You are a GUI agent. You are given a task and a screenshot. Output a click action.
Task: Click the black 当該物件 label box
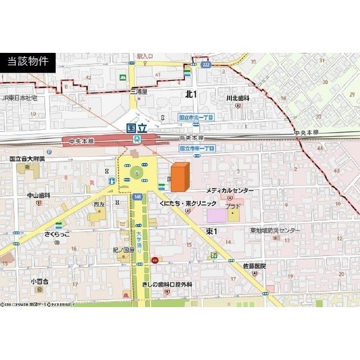pos(28,62)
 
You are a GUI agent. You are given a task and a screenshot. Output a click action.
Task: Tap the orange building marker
pos(179,178)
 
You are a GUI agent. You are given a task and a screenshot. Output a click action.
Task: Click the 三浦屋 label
pos(138,91)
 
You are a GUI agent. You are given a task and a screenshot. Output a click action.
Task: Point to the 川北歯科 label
pos(237,98)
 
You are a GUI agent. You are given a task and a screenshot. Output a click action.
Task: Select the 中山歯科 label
pos(39,195)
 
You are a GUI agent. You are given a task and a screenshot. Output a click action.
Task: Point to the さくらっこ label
pos(58,234)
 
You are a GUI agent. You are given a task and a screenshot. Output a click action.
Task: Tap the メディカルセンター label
pos(229,191)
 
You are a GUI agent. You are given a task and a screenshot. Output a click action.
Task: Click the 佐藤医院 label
pos(254,265)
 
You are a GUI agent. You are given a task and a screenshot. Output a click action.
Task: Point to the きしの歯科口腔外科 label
pos(167,285)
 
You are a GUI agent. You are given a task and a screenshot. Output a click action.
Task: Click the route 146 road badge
pos(137,197)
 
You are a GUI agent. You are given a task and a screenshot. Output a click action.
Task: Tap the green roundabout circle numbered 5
pos(137,174)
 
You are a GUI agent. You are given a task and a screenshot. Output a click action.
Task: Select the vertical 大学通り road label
pos(138,241)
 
